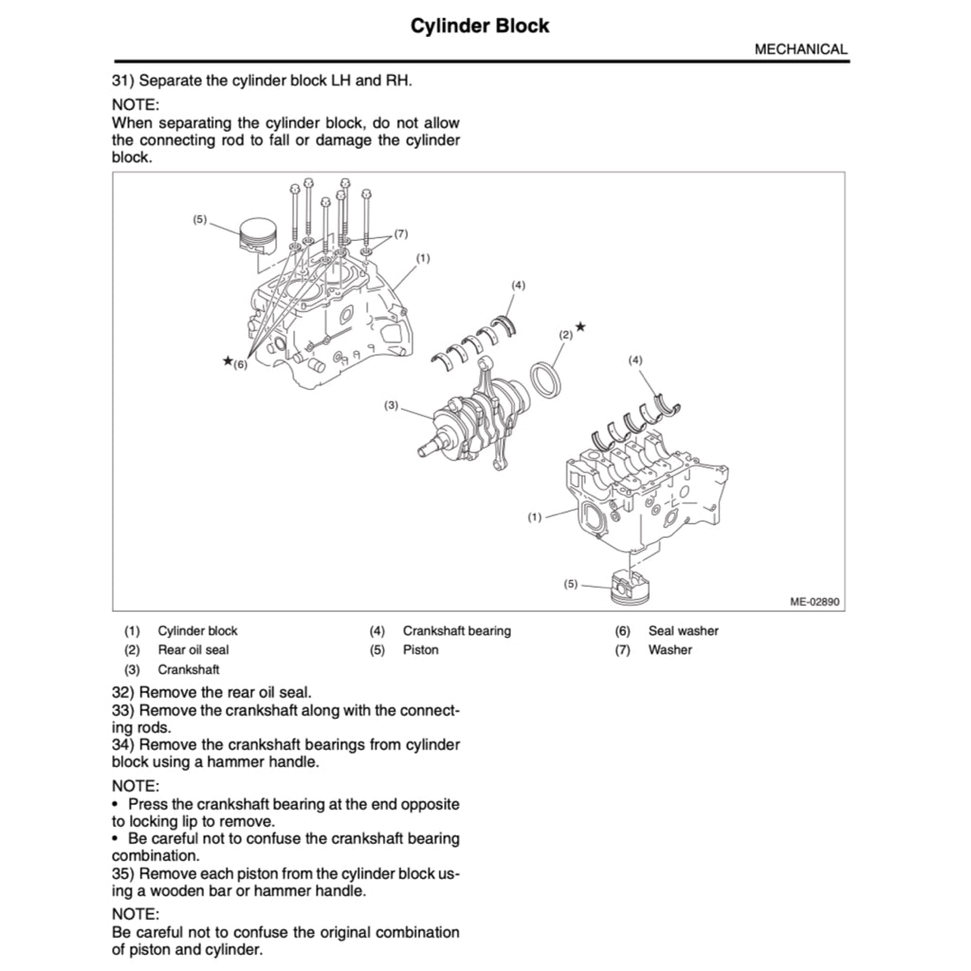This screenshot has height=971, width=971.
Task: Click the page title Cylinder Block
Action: (x=479, y=26)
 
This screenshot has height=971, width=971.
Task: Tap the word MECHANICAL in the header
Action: (x=800, y=49)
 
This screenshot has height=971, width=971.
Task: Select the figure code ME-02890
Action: (x=815, y=601)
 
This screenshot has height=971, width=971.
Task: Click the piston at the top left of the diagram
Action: (x=259, y=235)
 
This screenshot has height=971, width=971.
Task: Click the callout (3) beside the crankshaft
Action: (x=392, y=406)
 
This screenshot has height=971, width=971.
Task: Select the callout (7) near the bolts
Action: (x=400, y=233)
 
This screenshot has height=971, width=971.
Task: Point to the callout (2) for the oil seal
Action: (x=566, y=335)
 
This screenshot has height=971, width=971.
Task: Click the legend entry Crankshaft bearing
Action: (x=456, y=631)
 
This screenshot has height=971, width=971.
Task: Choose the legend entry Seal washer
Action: (x=683, y=631)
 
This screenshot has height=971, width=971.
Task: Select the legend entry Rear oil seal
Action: (x=192, y=650)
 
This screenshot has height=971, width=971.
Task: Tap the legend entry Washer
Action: (x=669, y=650)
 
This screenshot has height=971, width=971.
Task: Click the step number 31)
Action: (x=123, y=81)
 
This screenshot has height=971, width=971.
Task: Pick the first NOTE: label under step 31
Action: (x=136, y=104)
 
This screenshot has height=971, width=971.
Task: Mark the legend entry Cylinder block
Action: (x=197, y=631)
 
